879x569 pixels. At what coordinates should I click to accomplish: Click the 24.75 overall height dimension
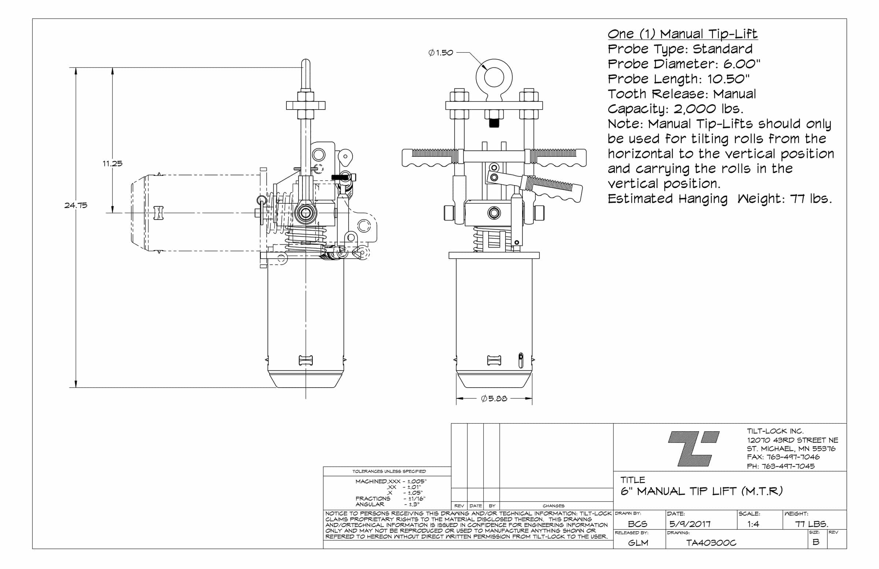click(x=76, y=205)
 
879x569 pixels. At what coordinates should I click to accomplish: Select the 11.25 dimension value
click(x=112, y=163)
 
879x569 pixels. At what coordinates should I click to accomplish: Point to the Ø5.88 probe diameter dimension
click(x=494, y=398)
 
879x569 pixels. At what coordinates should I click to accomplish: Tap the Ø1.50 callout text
click(x=441, y=53)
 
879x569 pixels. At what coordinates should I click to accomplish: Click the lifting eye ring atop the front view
click(x=494, y=78)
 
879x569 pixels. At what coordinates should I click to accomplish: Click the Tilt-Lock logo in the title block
click(x=694, y=448)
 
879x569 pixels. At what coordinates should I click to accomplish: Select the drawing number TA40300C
click(x=711, y=542)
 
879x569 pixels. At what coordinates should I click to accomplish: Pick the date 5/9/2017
click(x=690, y=524)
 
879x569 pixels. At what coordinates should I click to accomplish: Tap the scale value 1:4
click(x=753, y=524)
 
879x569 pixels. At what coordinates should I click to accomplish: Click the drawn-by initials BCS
click(x=638, y=524)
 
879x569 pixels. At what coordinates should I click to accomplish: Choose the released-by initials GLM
click(x=638, y=542)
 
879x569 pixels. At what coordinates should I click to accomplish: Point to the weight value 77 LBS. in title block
click(x=811, y=524)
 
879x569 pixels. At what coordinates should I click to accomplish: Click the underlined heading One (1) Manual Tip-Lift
click(x=682, y=34)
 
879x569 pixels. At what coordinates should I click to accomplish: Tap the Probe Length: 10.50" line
click(x=678, y=79)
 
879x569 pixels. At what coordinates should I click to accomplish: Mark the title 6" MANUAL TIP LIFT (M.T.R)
click(x=701, y=491)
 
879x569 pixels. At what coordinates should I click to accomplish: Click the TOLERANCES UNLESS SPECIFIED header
click(x=389, y=471)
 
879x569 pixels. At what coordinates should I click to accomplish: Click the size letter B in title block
click(x=816, y=542)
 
